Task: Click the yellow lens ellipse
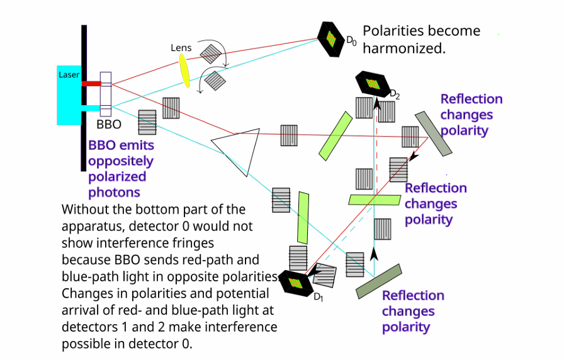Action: pos(185,70)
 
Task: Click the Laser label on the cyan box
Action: pos(69,75)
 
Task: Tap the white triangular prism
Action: pos(239,150)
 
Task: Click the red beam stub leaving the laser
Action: pos(91,83)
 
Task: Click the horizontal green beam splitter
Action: pos(374,200)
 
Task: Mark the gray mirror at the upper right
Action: pos(433,132)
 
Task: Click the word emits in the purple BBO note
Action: pos(138,145)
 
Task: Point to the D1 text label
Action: pos(319,297)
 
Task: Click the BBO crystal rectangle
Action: pos(105,93)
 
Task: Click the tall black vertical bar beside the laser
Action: pos(84,98)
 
